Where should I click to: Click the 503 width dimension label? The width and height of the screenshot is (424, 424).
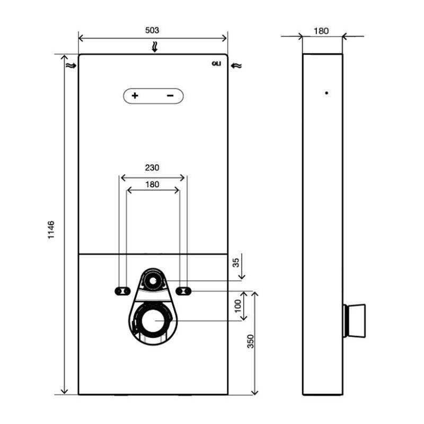(152, 30)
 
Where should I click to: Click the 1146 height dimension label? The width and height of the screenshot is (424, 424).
(51, 230)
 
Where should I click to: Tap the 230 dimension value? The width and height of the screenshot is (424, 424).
(152, 167)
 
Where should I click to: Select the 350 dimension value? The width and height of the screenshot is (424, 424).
(251, 341)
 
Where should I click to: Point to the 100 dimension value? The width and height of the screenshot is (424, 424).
(237, 306)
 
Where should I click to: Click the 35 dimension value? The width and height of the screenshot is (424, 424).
(236, 262)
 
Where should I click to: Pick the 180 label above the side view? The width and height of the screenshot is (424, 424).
(321, 31)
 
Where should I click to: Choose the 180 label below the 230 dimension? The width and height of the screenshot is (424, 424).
(152, 184)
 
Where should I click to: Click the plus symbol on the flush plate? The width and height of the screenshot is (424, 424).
(135, 95)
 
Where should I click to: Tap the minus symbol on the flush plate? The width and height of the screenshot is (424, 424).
(170, 95)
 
